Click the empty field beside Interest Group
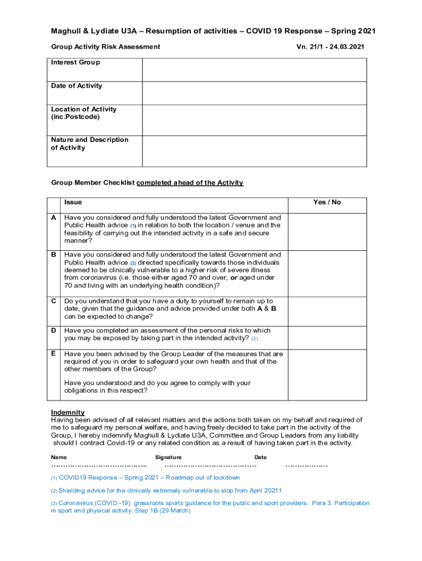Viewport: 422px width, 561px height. click(254, 70)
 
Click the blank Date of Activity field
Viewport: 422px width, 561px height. click(254, 93)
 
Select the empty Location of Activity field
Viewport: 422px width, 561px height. click(254, 120)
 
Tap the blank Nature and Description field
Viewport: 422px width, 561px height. click(254, 151)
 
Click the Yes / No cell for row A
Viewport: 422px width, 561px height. click(327, 231)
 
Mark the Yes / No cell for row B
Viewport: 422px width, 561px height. click(327, 273)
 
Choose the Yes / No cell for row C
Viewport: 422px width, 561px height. click(327, 309)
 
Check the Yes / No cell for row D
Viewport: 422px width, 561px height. click(327, 335)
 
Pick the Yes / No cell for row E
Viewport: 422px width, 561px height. click(327, 373)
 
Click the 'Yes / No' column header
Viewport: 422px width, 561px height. click(327, 202)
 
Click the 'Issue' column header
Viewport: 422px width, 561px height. click(73, 202)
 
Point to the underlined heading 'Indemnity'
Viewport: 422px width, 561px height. click(67, 412)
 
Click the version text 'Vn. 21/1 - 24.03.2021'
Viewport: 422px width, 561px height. click(330, 47)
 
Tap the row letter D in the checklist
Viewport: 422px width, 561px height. click(54, 330)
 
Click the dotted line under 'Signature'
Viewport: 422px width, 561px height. click(211, 466)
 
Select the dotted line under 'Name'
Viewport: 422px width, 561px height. click(99, 466)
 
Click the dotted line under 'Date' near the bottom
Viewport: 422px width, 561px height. click(306, 466)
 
